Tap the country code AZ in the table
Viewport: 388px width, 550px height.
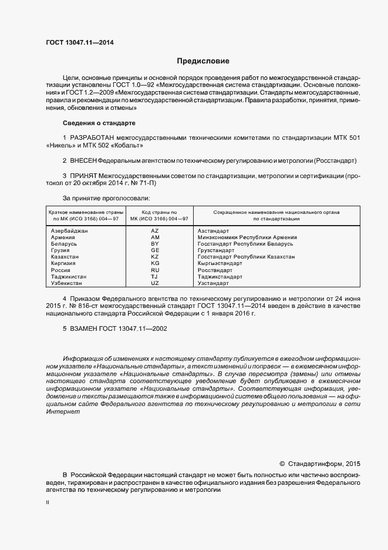[155, 231]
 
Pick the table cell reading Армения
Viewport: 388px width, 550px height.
[63, 237]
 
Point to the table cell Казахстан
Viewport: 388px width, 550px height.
[65, 257]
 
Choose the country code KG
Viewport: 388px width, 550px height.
[155, 263]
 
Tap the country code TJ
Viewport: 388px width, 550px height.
[155, 276]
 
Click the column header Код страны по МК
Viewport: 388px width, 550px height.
[155, 214]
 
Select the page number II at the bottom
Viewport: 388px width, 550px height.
[48, 502]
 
